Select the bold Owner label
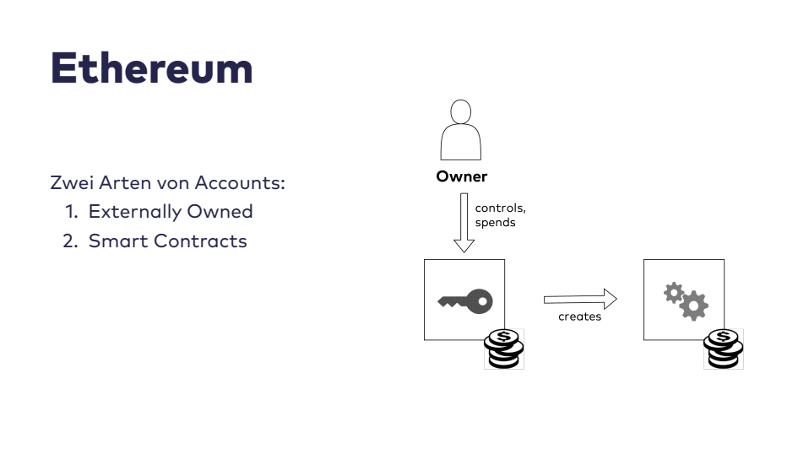(461, 177)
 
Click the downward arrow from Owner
(464, 222)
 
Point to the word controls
(502, 208)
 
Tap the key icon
(464, 300)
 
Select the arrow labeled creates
(580, 299)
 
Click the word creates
(579, 316)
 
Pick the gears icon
(686, 300)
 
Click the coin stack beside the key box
(504, 349)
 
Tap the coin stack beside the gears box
(724, 349)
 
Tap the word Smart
(117, 241)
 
